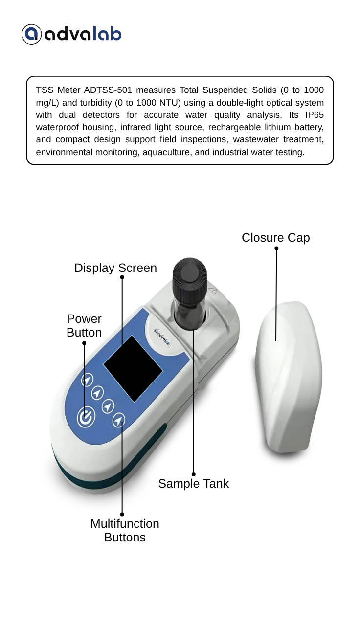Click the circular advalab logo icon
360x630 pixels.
[31, 34]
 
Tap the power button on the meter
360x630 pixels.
[86, 417]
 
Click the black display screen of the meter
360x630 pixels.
[133, 368]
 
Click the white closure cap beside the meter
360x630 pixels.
[288, 377]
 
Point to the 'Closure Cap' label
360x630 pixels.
[276, 238]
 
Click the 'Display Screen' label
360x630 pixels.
[115, 268]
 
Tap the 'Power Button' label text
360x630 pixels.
[84, 326]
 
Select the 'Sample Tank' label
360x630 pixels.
[194, 483]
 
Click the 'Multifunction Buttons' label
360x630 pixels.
[125, 530]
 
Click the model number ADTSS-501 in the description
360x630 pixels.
[108, 90]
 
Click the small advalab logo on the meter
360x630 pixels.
[162, 337]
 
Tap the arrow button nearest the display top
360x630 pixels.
[87, 380]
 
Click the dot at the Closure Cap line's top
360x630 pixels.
[276, 248]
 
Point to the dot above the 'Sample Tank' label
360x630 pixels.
[194, 474]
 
